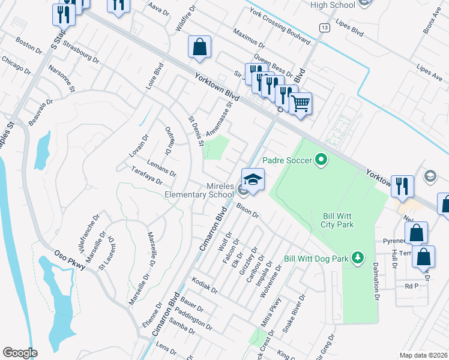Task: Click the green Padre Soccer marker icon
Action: pos(320,160)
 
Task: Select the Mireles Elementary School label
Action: pos(203,190)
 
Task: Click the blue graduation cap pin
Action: pos(253,179)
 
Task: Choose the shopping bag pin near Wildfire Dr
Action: pos(199,47)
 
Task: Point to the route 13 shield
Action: pos(324,28)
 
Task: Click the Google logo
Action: pos(20,353)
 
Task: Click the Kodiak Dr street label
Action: pos(205,285)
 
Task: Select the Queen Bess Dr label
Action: pos(273,65)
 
